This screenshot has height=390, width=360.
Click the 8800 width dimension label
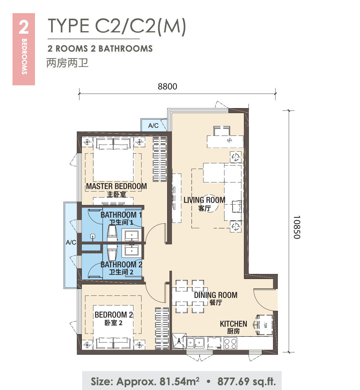click(x=167, y=86)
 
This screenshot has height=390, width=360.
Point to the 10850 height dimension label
click(x=297, y=227)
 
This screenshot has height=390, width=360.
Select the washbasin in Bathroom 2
click(x=132, y=251)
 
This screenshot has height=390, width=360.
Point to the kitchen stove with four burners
click(x=230, y=343)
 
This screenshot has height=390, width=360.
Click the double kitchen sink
click(x=195, y=343)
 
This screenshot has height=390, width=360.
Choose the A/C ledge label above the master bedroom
click(x=153, y=125)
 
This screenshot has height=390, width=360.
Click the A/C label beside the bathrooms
click(x=71, y=242)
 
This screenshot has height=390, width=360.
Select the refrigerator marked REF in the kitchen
click(x=265, y=325)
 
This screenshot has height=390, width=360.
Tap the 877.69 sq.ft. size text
click(x=247, y=381)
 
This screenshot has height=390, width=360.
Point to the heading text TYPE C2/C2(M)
click(x=117, y=26)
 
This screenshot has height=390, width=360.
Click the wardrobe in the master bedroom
click(x=160, y=159)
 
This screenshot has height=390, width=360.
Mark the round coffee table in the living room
click(x=211, y=203)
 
